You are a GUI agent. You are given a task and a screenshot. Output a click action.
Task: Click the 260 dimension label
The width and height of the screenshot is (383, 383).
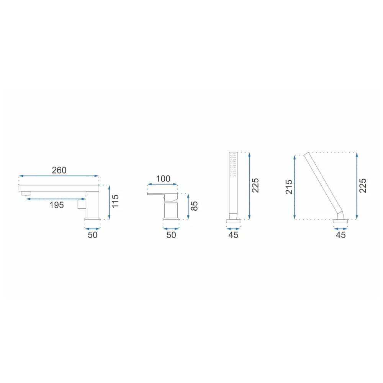click(x=59, y=170)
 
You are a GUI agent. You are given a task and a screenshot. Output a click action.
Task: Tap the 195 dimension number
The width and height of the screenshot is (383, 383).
click(x=57, y=205)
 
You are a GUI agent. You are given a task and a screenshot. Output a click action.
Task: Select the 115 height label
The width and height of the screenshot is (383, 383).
click(x=115, y=201)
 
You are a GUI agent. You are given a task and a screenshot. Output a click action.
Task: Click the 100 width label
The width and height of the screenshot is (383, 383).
click(x=163, y=179)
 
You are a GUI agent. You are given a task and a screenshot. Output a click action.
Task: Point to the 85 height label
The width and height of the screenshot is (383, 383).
click(x=194, y=206)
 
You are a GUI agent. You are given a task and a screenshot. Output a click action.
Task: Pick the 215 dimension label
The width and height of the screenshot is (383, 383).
click(x=289, y=187)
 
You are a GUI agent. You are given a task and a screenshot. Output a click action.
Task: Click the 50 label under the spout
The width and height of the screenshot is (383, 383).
click(x=93, y=235)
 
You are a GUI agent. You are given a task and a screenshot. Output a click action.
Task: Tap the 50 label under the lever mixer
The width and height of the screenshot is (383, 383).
click(x=171, y=235)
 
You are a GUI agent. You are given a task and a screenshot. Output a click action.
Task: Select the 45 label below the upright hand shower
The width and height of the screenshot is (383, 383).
click(x=233, y=235)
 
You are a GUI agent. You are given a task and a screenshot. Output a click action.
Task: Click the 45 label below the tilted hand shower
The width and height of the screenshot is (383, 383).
click(x=341, y=235)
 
